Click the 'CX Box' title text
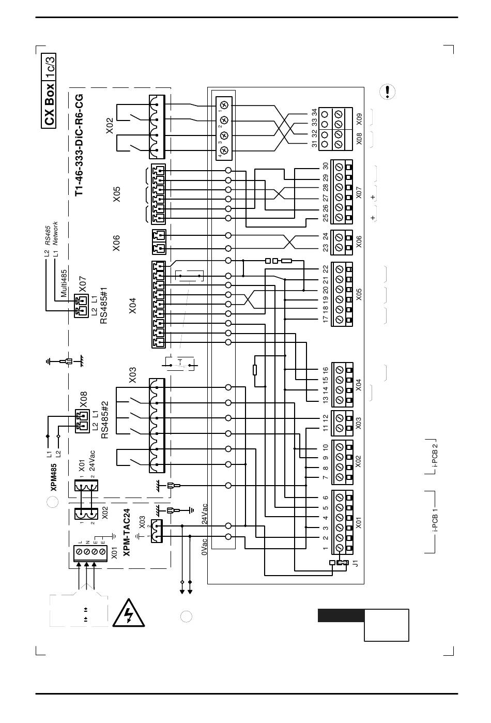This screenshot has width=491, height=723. [49, 105]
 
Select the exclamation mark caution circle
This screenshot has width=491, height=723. [388, 92]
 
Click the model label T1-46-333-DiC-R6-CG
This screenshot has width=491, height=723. [79, 145]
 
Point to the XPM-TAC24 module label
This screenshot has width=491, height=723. [127, 533]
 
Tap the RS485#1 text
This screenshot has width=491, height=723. [103, 306]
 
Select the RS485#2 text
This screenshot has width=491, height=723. [104, 419]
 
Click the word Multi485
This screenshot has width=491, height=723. [64, 283]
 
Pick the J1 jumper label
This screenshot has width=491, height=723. [356, 563]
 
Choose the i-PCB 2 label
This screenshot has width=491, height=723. [435, 456]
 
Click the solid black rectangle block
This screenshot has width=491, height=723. [341, 615]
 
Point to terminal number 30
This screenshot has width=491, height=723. [326, 166]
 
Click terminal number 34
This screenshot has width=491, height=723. [314, 113]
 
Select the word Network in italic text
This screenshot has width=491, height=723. [55, 233]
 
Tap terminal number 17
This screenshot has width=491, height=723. [325, 319]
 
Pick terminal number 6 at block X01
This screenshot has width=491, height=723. [325, 498]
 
